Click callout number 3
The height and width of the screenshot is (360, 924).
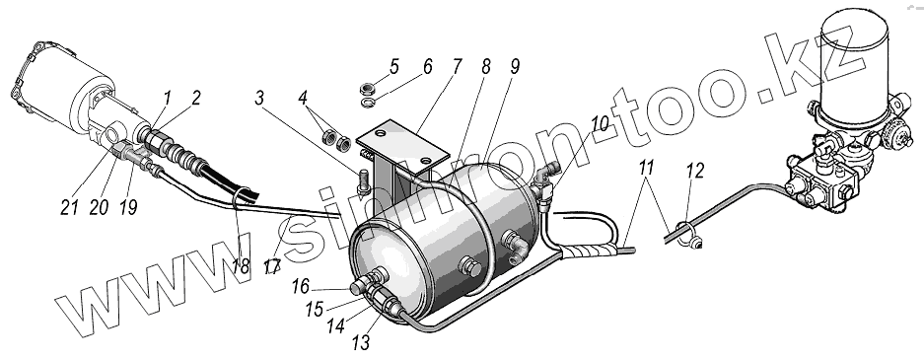(260, 99)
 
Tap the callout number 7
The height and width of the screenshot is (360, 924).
(458, 66)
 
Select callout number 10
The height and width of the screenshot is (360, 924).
(600, 124)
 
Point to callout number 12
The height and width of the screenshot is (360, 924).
(695, 171)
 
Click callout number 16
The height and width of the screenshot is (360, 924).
(300, 287)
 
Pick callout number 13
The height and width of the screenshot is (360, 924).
(361, 341)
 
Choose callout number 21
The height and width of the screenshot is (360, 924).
(70, 207)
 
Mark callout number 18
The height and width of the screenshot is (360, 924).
(240, 265)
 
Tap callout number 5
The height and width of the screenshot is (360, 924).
(394, 67)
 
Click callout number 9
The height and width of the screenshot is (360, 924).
(515, 67)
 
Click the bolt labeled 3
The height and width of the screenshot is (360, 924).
(364, 180)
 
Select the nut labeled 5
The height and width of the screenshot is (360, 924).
(368, 89)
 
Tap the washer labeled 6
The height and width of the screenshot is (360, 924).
(367, 105)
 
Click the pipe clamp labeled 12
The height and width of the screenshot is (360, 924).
(686, 235)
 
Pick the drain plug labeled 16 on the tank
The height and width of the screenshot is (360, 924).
(358, 288)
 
